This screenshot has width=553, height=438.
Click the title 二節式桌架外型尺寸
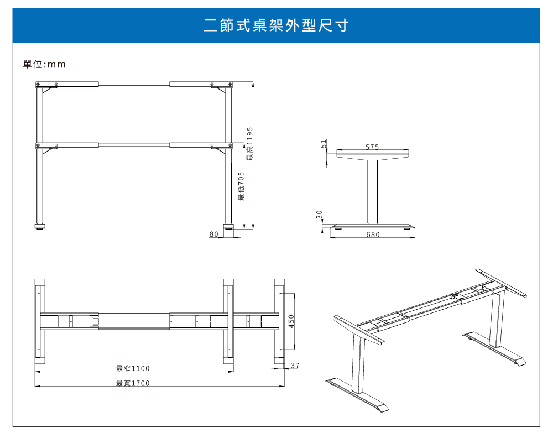pyautogui.click(x=276, y=25)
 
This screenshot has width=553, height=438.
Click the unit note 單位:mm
pyautogui.click(x=44, y=64)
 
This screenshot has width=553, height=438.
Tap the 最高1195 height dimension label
pyautogui.click(x=250, y=144)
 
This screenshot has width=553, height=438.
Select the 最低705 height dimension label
pyautogui.click(x=241, y=186)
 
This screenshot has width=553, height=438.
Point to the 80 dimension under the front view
pyautogui.click(x=213, y=234)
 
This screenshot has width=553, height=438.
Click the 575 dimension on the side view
pyautogui.click(x=372, y=147)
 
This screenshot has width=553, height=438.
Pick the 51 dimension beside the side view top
pyautogui.click(x=324, y=144)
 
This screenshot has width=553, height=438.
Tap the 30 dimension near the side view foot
pyautogui.click(x=319, y=214)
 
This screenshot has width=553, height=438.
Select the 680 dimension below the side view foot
pyautogui.click(x=373, y=234)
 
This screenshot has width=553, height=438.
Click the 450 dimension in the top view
pyautogui.click(x=291, y=321)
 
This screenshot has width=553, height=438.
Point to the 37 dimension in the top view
pyautogui.click(x=295, y=366)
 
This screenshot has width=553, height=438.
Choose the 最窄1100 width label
pyautogui.click(x=133, y=368)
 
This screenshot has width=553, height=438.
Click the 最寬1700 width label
pyautogui.click(x=133, y=383)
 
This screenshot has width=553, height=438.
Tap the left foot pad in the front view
pyautogui.click(x=40, y=226)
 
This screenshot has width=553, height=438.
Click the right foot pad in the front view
pyautogui.click(x=228, y=226)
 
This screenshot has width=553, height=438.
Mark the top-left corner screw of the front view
pyautogui.click(x=38, y=84)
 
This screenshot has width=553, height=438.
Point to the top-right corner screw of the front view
pyautogui.click(x=230, y=84)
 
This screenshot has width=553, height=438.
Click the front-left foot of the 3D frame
pyautogui.click(x=357, y=395)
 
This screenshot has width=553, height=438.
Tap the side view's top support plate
pyautogui.click(x=372, y=154)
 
